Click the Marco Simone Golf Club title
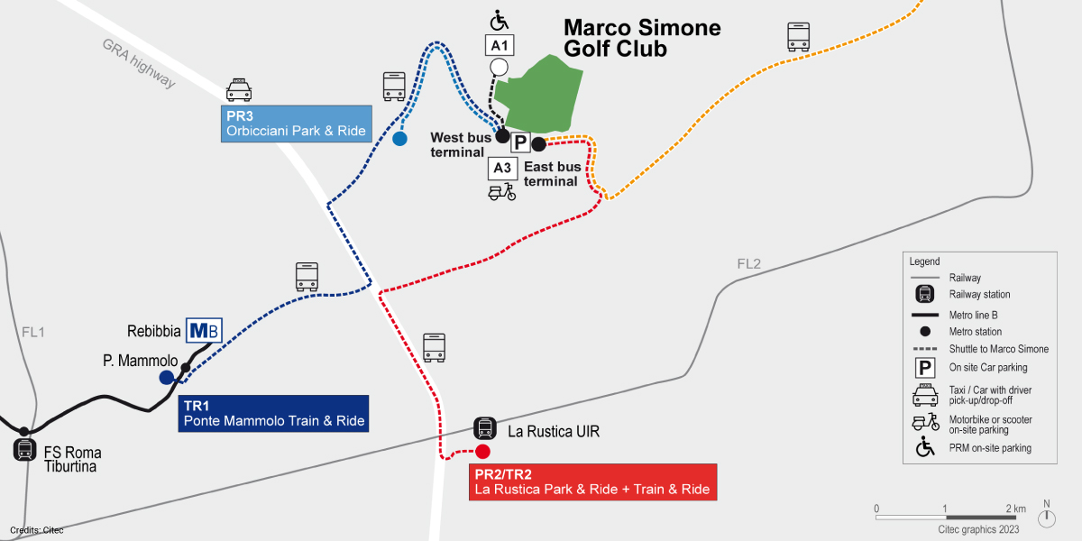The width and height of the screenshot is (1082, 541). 641,38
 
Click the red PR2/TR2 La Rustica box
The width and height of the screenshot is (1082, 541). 592,482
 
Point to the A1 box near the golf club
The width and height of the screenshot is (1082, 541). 500,45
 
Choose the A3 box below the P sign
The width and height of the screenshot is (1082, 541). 502,168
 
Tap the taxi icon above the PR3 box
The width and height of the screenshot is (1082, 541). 239,88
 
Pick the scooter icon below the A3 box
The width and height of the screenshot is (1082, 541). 501,192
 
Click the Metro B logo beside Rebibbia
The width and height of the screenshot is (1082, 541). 203,331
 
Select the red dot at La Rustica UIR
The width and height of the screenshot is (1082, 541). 482,451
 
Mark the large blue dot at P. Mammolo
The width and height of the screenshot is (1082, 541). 167,378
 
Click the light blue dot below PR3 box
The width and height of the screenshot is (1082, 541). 399,139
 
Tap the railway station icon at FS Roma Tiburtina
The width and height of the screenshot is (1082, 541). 24,450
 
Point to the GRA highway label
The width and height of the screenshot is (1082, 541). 139,63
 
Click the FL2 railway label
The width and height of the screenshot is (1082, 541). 748,264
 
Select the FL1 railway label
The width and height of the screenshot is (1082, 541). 33,332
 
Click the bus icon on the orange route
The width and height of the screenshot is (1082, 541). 799,37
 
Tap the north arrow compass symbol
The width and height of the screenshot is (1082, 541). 1047,518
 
